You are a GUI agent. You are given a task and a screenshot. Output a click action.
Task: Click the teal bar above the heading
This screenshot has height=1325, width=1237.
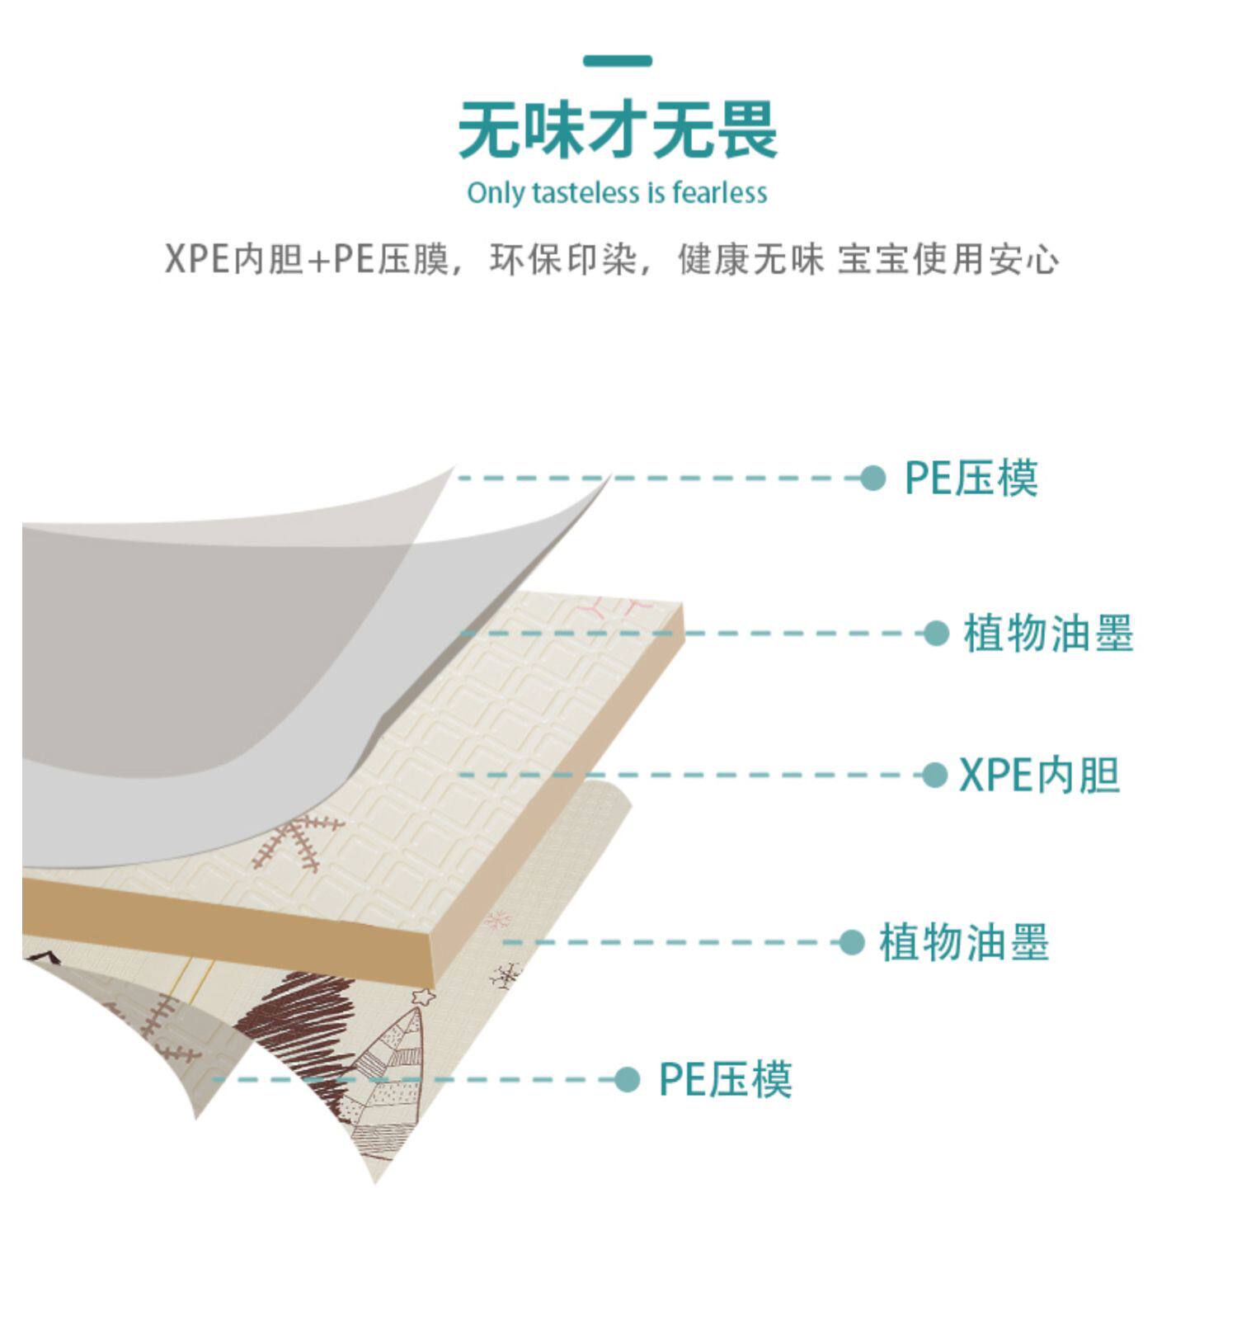(617, 61)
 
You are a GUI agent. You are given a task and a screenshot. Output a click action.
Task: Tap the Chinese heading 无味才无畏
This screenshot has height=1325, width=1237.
(618, 130)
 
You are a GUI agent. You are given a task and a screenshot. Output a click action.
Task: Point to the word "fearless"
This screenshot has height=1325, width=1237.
(719, 193)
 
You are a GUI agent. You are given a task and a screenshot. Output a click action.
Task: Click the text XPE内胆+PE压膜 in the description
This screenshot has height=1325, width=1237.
(306, 259)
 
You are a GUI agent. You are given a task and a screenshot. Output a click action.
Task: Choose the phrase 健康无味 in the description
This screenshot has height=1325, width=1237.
(750, 259)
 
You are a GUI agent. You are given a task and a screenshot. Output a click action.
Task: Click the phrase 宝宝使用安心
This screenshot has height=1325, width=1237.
(948, 259)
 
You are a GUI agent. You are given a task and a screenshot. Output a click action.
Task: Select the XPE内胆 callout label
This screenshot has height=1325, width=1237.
(1039, 776)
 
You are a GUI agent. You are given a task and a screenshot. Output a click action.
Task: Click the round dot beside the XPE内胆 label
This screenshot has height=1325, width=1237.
(934, 776)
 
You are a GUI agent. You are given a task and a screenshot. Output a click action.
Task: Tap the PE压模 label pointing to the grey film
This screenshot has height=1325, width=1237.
(971, 478)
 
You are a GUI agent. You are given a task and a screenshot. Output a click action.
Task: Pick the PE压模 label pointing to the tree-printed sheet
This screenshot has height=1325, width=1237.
(725, 1079)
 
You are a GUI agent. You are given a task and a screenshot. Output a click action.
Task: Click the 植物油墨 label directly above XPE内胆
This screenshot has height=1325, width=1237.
(1048, 634)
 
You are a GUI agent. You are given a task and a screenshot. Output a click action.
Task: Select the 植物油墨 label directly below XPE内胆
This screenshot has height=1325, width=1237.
(963, 942)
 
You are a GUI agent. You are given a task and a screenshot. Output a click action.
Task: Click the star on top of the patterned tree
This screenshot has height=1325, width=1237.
(424, 997)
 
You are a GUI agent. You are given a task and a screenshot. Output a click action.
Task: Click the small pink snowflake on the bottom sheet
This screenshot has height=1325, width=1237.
(498, 919)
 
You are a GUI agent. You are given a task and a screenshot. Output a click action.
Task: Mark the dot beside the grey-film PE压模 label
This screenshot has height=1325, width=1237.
(872, 478)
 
